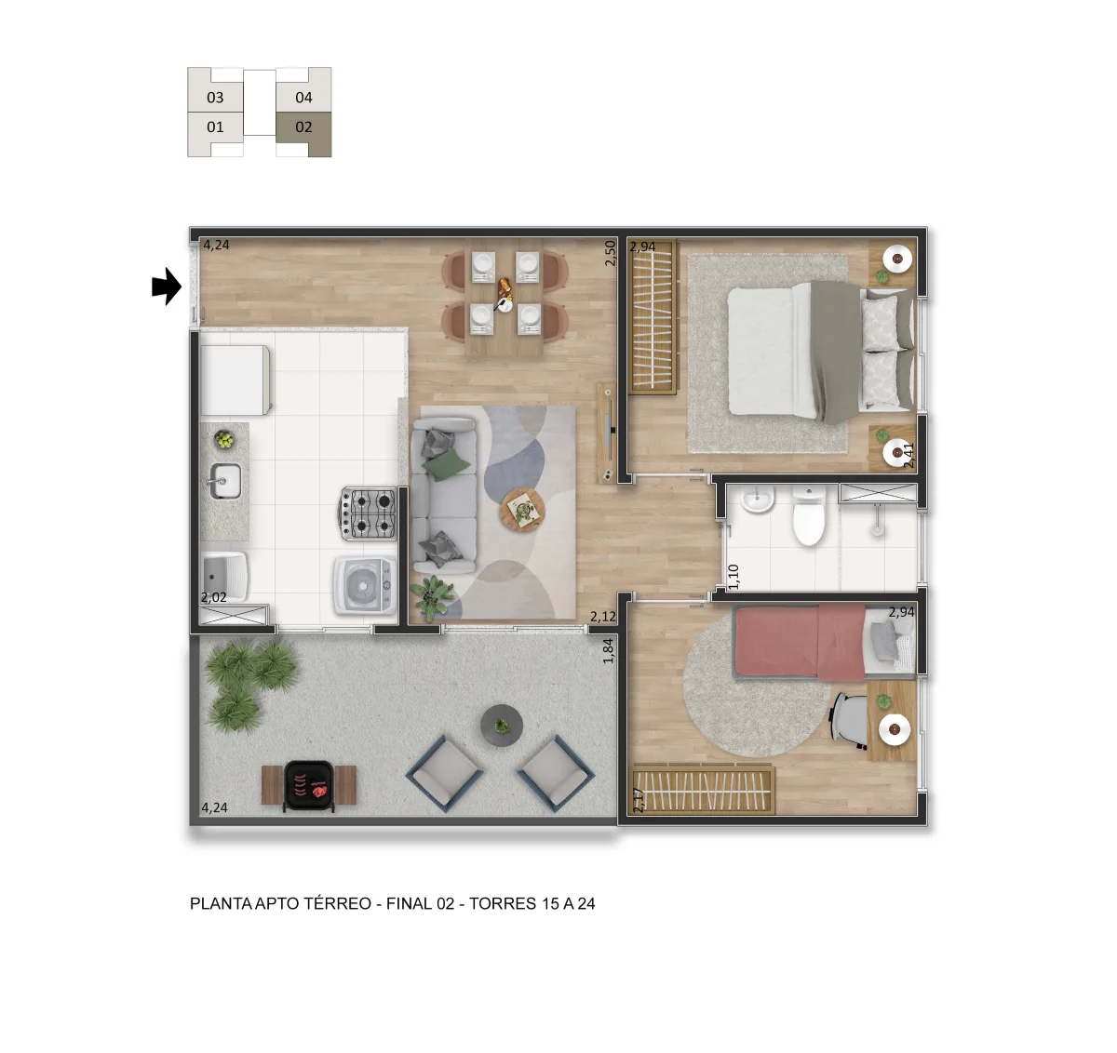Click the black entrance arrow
pyautogui.click(x=167, y=287)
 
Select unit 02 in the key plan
pyautogui.click(x=303, y=127)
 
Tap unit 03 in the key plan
pyautogui.click(x=215, y=98)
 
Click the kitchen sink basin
pyautogui.click(x=225, y=481)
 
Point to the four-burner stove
pyautogui.click(x=368, y=513)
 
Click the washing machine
pyautogui.click(x=365, y=586)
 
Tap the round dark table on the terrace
pyautogui.click(x=502, y=726)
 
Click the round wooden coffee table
pyautogui.click(x=523, y=510)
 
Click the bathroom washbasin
pyautogui.click(x=758, y=499)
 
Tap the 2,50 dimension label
pyautogui.click(x=610, y=253)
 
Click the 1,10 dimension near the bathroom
pyautogui.click(x=733, y=577)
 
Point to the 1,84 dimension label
pyautogui.click(x=608, y=650)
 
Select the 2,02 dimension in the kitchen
pyautogui.click(x=214, y=597)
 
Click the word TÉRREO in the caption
pyautogui.click(x=338, y=903)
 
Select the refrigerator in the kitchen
pyautogui.click(x=235, y=380)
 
